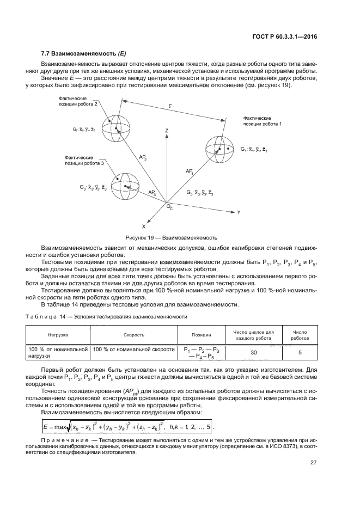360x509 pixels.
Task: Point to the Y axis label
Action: point(239,210)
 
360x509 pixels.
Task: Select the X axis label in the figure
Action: point(144,225)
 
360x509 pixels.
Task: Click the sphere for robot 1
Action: point(219,150)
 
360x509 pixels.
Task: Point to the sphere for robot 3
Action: point(125,187)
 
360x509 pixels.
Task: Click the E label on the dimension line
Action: point(170,111)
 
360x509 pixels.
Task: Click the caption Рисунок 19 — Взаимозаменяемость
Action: point(171,237)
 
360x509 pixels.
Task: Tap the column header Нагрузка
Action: point(57,335)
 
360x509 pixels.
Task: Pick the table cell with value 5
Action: point(300,353)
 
